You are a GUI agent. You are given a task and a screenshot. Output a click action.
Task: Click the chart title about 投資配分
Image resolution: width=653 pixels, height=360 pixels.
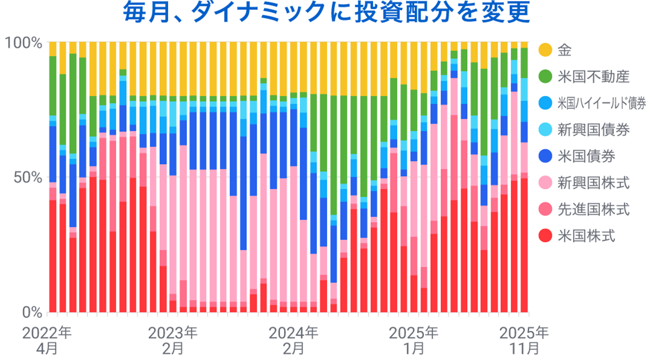click(326, 12)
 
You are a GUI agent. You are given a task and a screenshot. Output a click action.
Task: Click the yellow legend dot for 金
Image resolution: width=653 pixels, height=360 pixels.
click(545, 50)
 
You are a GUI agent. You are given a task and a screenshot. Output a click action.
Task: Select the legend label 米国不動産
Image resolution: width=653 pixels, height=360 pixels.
click(593, 77)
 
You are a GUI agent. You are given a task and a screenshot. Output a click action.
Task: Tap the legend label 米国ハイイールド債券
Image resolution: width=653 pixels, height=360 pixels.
click(602, 103)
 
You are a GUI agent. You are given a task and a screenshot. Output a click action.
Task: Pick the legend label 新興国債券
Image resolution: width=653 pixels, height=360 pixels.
click(593, 130)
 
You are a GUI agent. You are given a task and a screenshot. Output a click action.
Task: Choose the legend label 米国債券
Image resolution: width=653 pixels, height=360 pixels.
click(586, 156)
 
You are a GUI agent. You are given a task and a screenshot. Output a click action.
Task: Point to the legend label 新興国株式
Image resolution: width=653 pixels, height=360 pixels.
click(593, 183)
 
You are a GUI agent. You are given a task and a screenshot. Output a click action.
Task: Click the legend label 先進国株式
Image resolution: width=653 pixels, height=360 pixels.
click(593, 210)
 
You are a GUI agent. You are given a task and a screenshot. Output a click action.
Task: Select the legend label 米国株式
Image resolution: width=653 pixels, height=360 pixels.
click(586, 236)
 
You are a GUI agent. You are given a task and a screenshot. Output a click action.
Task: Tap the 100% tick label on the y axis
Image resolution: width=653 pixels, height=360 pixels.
click(23, 43)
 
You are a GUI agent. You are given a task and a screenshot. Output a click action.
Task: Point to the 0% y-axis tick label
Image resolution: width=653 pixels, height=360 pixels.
click(32, 312)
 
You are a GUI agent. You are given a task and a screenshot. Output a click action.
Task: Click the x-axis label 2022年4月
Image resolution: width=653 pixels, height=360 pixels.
click(47, 340)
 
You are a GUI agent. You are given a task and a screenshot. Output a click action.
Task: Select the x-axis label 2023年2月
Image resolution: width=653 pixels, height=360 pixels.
click(173, 340)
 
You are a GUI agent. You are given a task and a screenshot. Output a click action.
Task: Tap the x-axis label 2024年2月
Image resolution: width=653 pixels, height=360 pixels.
click(293, 340)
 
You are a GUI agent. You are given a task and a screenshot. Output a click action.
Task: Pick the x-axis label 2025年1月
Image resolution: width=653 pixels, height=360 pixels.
click(414, 340)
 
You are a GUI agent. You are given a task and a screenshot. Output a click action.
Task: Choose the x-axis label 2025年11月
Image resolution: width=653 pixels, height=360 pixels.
click(524, 340)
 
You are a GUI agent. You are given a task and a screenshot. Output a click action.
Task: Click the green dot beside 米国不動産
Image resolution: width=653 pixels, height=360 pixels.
click(545, 77)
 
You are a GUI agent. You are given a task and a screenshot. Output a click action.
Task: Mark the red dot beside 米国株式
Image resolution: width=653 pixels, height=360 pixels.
click(545, 236)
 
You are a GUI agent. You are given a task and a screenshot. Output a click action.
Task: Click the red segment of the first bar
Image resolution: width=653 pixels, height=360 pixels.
click(53, 255)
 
